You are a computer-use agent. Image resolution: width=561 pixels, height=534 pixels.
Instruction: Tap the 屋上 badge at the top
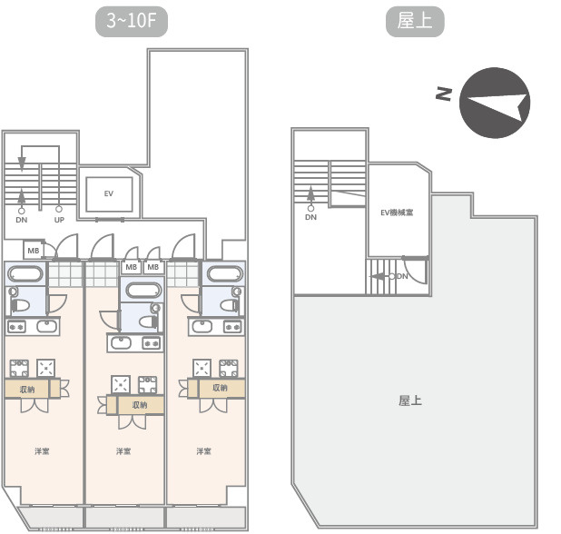click(415, 22)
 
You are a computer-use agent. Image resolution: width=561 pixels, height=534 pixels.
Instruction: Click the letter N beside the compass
click(443, 93)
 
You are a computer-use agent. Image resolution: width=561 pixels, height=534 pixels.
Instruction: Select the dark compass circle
click(495, 102)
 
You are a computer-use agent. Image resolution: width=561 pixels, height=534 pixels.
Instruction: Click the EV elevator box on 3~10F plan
click(108, 193)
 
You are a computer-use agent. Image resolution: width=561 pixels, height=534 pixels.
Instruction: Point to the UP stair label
click(59, 220)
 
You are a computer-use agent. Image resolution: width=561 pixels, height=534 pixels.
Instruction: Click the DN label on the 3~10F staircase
click(22, 220)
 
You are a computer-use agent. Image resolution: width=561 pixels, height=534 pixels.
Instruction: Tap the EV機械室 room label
click(396, 213)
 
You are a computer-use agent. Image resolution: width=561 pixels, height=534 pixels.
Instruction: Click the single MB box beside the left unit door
click(34, 250)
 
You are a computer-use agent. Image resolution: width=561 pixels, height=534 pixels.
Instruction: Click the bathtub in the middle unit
click(142, 291)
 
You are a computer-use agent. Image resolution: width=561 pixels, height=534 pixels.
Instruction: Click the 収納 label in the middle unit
click(140, 405)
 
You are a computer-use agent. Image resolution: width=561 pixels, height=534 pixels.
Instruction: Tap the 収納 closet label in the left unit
click(27, 389)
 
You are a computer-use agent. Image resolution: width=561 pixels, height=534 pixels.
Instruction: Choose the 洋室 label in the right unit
click(203, 451)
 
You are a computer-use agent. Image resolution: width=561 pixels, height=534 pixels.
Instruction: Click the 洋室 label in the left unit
click(42, 451)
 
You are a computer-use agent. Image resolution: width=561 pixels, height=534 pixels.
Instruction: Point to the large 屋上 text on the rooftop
click(410, 400)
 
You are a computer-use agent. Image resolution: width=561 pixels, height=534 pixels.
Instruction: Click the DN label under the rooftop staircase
click(310, 217)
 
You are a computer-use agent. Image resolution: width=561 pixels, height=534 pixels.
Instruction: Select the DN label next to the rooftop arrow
click(402, 275)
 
